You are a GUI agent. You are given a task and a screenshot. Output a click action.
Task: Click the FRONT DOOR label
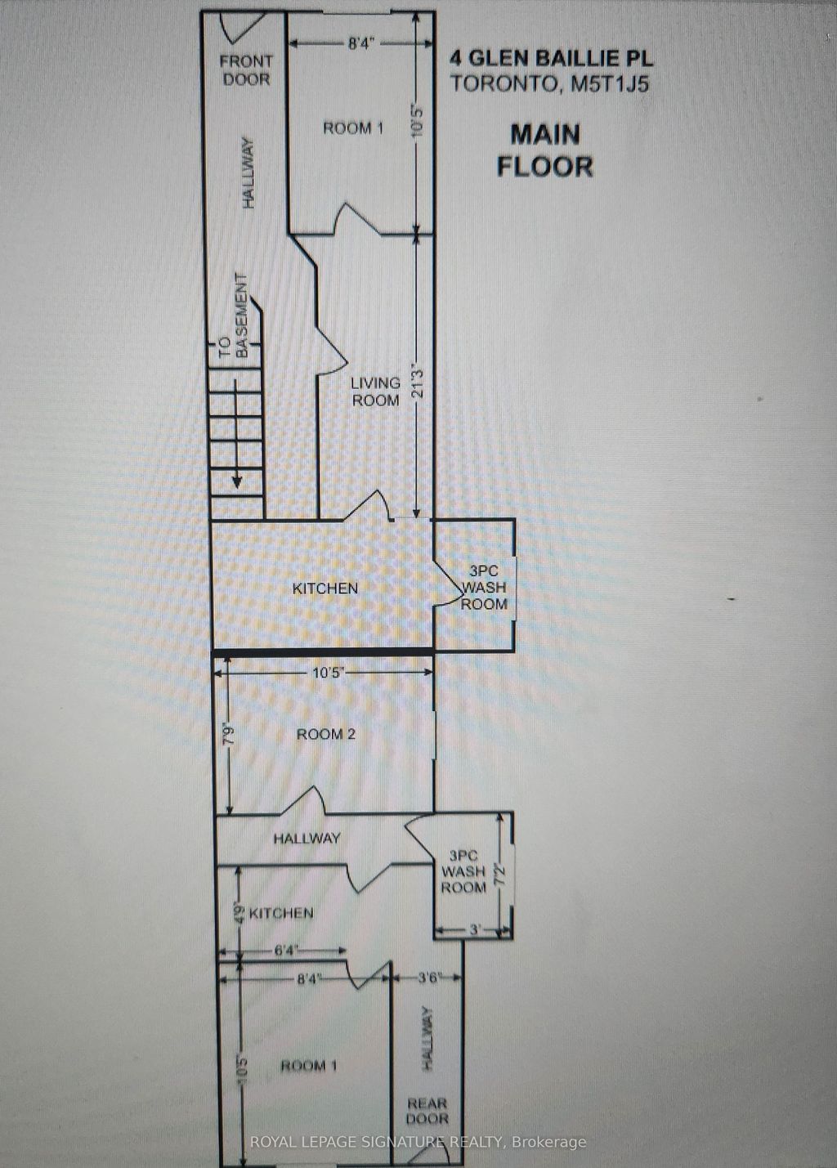click(245, 70)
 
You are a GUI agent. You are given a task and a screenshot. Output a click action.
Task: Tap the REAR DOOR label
click(427, 1111)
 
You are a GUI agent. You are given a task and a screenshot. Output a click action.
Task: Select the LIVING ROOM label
click(375, 392)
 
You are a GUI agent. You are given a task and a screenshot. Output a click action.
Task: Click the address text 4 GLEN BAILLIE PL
click(552, 59)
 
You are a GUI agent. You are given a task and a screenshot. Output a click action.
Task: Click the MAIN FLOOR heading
click(544, 150)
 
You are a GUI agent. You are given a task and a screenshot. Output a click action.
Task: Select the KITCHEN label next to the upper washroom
click(325, 588)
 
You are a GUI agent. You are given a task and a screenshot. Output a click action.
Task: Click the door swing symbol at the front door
click(242, 28)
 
